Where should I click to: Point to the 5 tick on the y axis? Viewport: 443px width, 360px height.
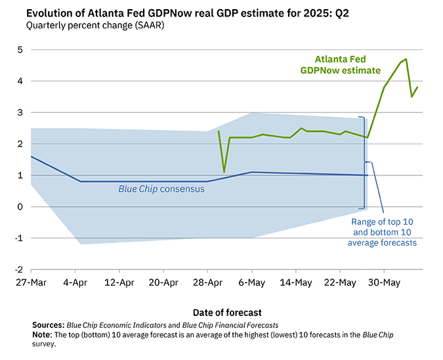coord(20,50)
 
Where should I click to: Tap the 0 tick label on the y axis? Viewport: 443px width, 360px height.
coord(20,207)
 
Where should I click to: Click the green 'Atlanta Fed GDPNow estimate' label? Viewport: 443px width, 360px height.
coord(340,64)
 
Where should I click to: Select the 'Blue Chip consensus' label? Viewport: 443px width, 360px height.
coord(161,189)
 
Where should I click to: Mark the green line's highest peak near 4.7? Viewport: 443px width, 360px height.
coord(406,59)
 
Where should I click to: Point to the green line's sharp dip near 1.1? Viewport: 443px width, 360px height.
coord(224,172)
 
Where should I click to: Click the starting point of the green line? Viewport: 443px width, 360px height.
coord(219,131)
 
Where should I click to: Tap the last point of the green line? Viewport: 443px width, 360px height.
coord(417,87)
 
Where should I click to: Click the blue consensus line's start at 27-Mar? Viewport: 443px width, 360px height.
coord(32,156)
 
